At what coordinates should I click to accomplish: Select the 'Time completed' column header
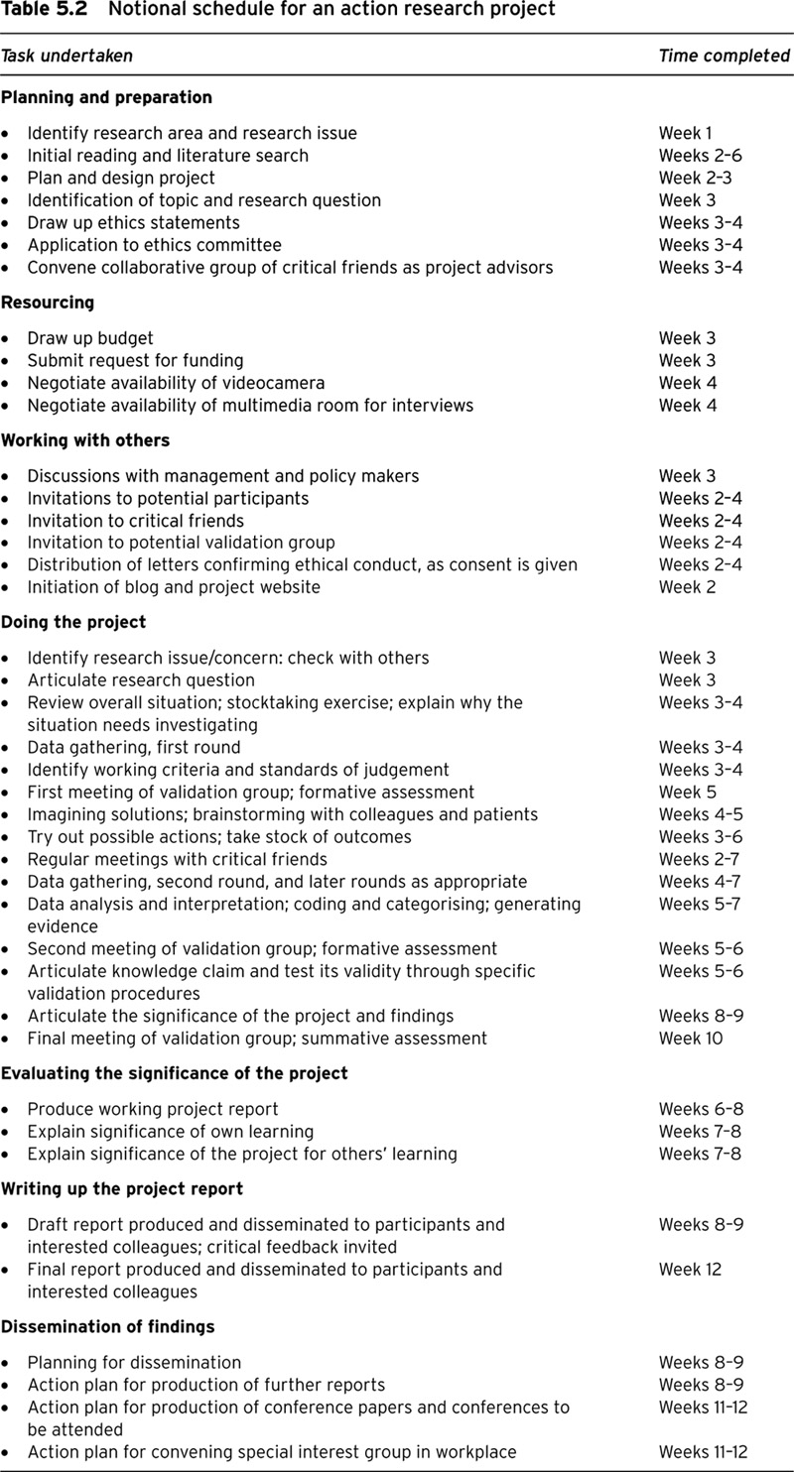click(x=724, y=56)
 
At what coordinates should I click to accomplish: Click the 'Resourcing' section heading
click(x=48, y=303)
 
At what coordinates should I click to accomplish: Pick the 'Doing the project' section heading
click(x=73, y=622)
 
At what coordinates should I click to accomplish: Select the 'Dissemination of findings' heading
click(x=107, y=1326)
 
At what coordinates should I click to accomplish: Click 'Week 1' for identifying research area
click(x=685, y=133)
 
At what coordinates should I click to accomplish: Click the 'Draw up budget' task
click(x=90, y=338)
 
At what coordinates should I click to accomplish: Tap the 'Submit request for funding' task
click(x=135, y=360)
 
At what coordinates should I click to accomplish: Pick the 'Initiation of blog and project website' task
click(x=174, y=587)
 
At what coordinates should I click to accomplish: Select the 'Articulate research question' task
click(x=141, y=680)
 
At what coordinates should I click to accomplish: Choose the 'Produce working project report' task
click(x=153, y=1109)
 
